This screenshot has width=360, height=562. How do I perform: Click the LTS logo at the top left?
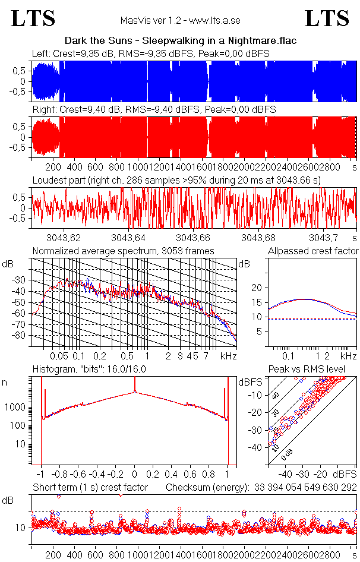coord(34,18)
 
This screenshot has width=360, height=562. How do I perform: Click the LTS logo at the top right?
coord(327,18)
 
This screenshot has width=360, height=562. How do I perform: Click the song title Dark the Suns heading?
coord(180,41)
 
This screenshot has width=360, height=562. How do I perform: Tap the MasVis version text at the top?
coord(180,21)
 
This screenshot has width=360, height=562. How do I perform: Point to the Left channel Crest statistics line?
coord(151,53)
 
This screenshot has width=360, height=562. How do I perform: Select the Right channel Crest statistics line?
coord(153,110)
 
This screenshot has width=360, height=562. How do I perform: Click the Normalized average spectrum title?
coord(124,251)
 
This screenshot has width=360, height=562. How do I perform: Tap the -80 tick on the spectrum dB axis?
coord(20,335)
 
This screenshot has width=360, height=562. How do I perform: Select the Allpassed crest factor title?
coord(313,251)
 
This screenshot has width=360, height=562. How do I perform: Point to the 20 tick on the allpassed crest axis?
coord(257,288)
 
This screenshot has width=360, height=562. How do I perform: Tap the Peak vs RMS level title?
coord(306,369)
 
